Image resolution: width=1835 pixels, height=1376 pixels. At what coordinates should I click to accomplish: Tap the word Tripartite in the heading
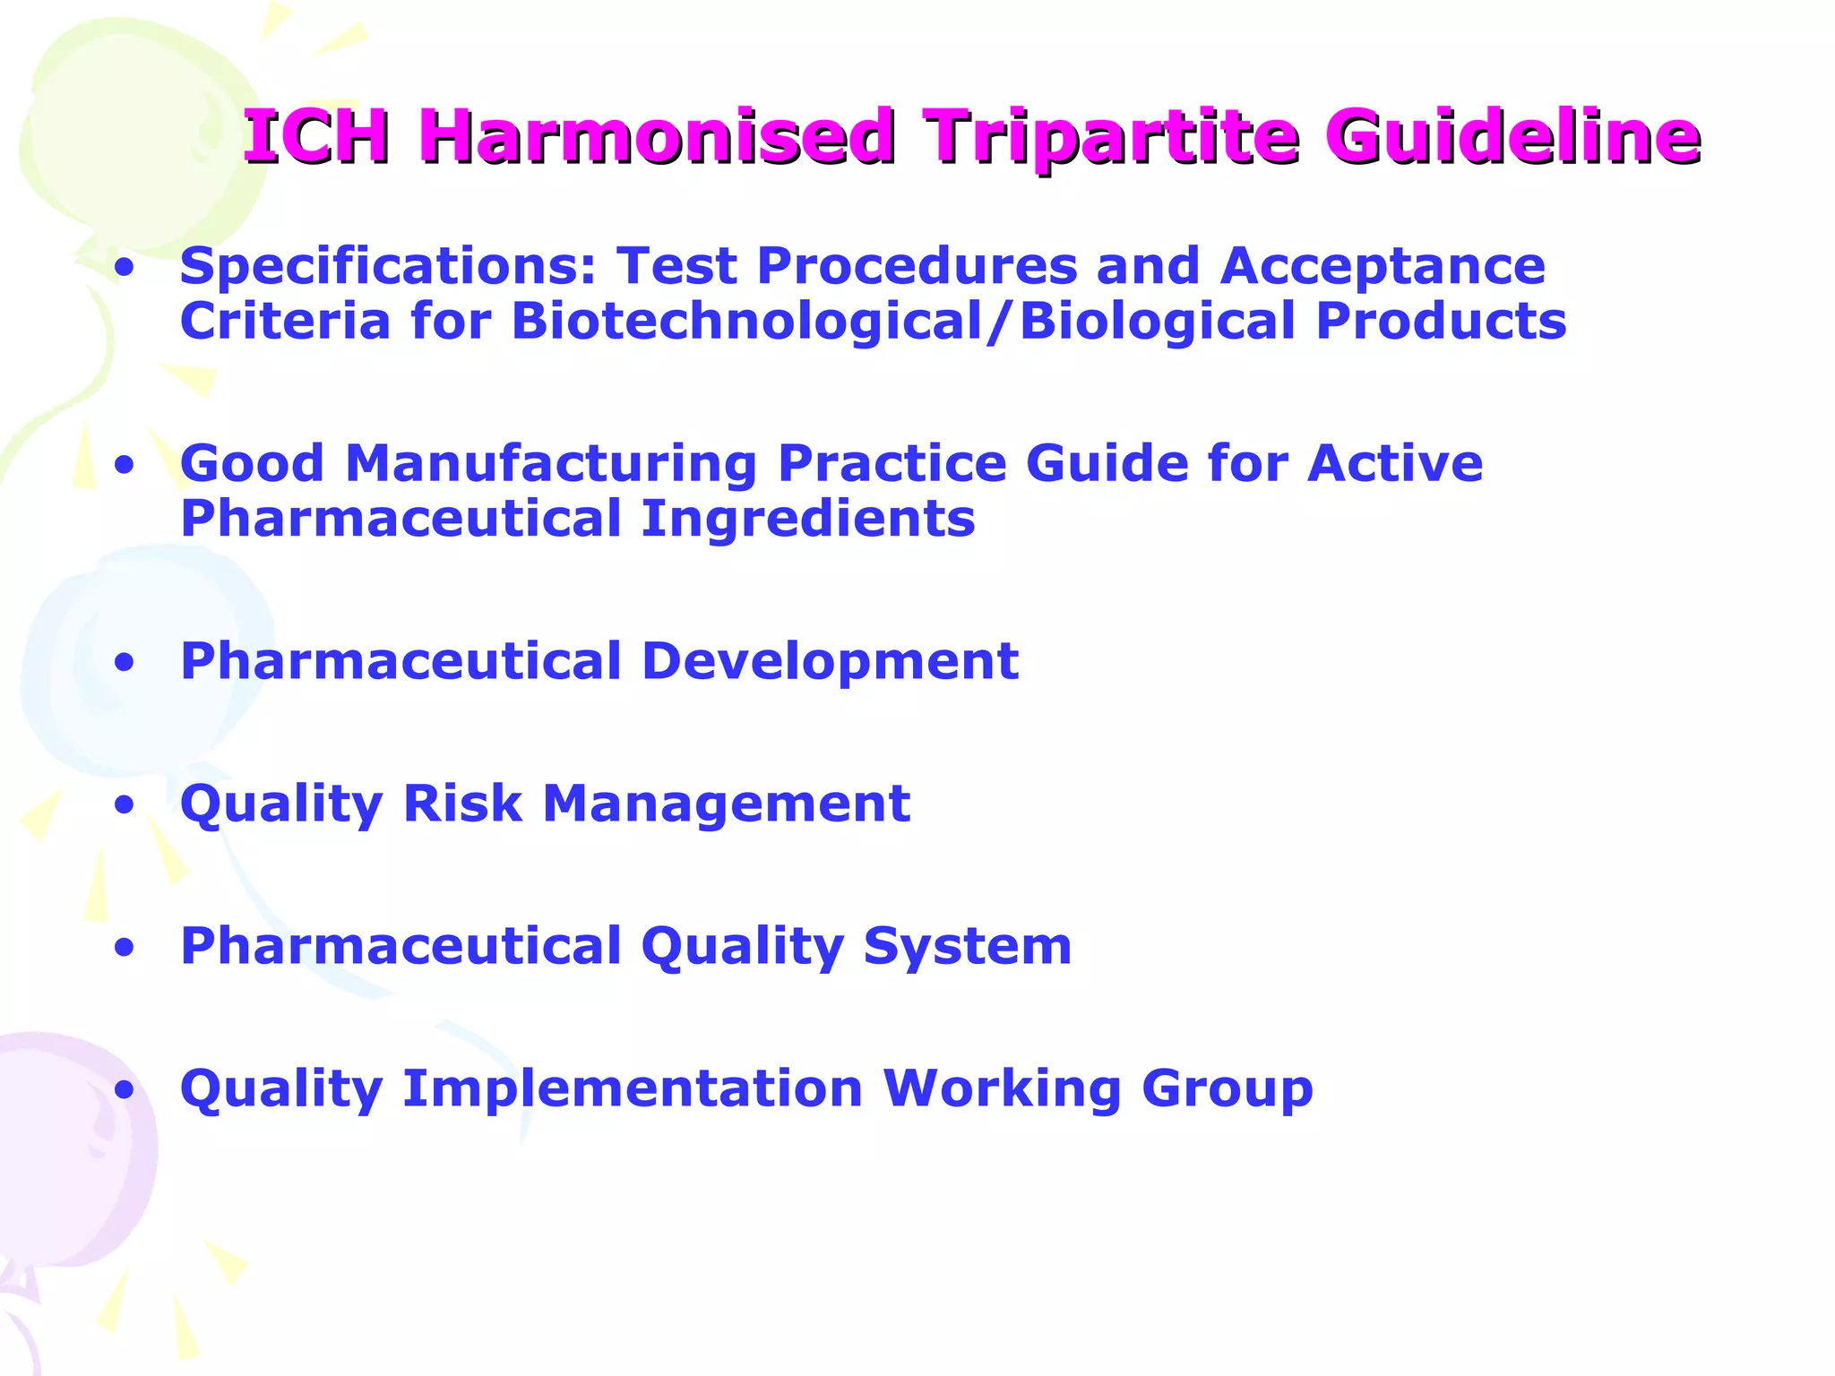[1110, 137]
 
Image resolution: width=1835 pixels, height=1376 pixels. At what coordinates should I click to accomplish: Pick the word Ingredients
[807, 519]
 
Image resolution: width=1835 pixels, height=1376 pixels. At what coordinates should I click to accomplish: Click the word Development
[830, 661]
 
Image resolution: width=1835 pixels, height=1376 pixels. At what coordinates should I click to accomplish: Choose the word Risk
[461, 803]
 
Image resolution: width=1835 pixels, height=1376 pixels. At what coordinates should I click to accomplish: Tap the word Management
[726, 803]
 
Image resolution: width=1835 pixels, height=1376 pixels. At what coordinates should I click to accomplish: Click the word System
[967, 946]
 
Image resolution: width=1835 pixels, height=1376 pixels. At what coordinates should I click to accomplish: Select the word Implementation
[633, 1088]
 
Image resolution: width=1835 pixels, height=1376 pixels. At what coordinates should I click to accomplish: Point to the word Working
[1002, 1088]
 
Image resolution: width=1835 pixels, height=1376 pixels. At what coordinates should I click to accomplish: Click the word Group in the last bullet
[1227, 1088]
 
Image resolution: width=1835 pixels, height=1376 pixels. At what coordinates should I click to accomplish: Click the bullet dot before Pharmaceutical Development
[125, 663]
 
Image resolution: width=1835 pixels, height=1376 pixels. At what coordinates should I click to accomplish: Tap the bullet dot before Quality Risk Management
[125, 805]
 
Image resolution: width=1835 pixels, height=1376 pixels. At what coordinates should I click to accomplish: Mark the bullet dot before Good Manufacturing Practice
[125, 466]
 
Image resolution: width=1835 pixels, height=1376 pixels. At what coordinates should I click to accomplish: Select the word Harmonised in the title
[656, 137]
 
